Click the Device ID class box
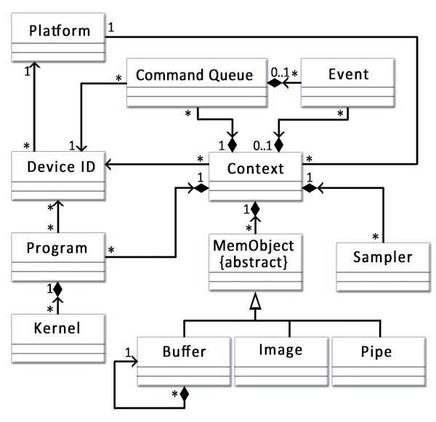pos(57,176)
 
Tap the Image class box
pos(280,361)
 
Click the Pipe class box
pos(377,361)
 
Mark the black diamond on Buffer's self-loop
pos(185,394)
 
